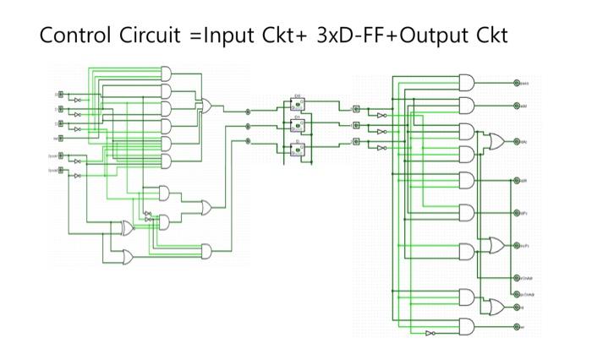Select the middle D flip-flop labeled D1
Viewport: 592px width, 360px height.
click(297, 126)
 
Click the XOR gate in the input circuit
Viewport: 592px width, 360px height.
click(126, 228)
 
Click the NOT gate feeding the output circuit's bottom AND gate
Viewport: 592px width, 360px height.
click(430, 333)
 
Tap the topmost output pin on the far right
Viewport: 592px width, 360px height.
click(517, 83)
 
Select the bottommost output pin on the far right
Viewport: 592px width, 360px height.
click(517, 326)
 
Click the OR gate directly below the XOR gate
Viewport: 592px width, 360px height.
click(126, 255)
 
